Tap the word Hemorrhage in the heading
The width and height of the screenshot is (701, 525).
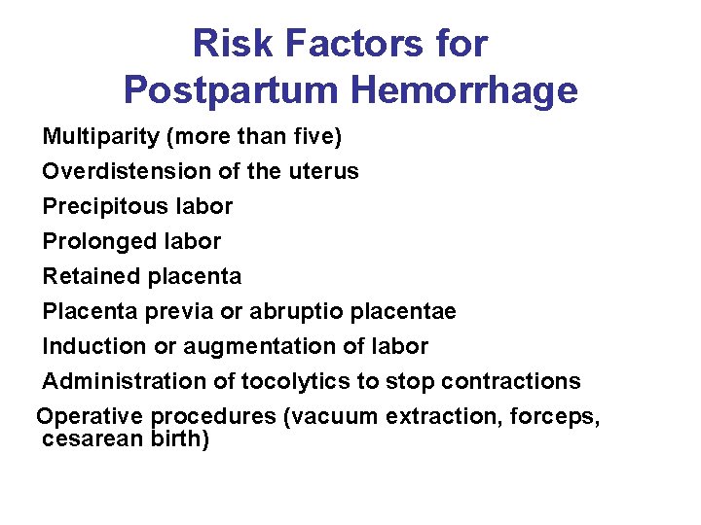click(464, 90)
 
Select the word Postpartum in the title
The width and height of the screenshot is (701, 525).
click(232, 90)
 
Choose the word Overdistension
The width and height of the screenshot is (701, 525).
click(123, 172)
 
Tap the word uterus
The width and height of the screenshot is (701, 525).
click(323, 172)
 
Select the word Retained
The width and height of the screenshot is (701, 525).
click(92, 277)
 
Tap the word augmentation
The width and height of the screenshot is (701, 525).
click(247, 347)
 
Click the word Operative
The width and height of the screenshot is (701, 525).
click(89, 417)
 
